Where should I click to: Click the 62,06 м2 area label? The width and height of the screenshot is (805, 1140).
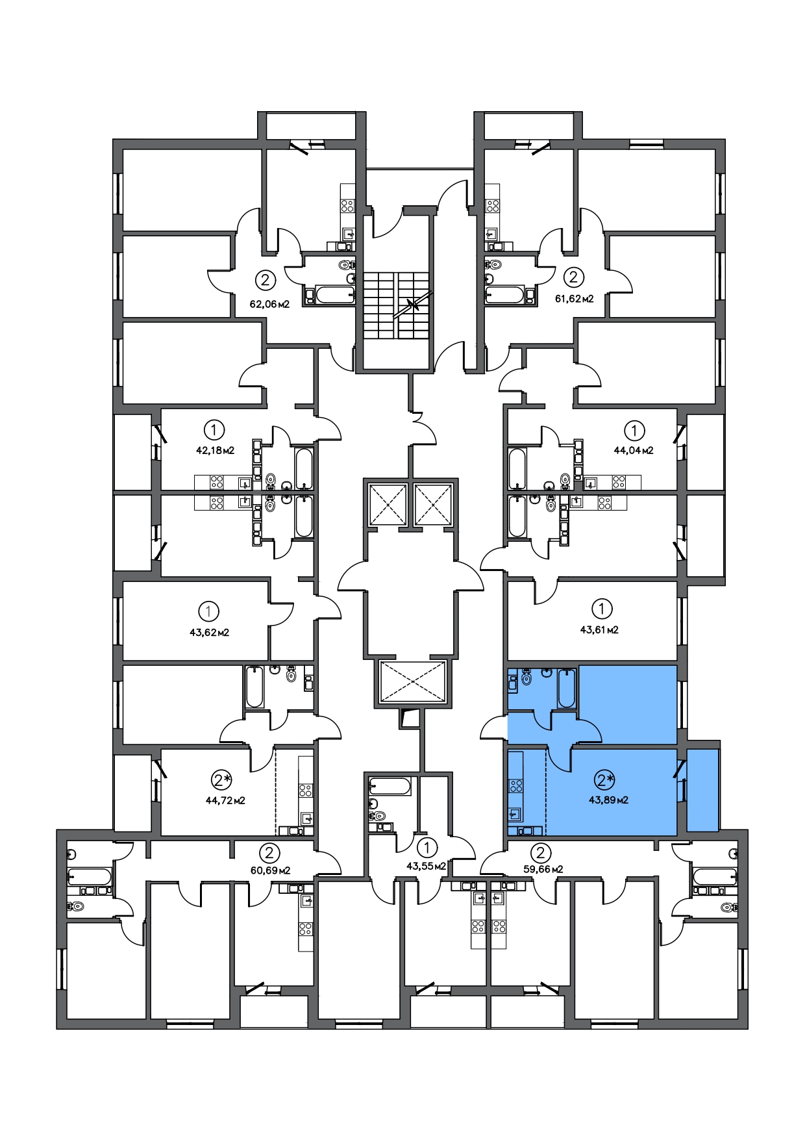pos(269,303)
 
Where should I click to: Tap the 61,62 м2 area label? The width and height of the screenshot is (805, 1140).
pos(574,299)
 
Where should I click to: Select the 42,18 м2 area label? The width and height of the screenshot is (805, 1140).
pos(215,450)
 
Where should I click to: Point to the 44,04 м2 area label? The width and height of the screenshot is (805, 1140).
pos(634,450)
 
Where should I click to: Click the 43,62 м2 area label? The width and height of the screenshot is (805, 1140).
pos(209,632)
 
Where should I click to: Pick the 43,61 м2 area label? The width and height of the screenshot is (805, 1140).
pos(599,629)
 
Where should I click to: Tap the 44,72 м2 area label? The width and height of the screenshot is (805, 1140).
pos(225,800)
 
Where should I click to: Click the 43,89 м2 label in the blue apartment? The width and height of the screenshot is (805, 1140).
pos(608,800)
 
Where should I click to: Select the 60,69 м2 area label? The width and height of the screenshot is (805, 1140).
pos(270,870)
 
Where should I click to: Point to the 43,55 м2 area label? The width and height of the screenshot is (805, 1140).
pos(426,866)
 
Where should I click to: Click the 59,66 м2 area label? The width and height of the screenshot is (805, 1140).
pos(543,868)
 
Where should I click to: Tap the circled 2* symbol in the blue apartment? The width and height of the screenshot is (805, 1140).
pos(605,779)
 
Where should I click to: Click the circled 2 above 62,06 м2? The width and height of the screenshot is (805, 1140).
pos(265,281)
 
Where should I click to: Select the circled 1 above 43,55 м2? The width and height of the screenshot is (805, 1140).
pos(427,848)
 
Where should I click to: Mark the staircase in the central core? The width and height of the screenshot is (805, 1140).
pos(397,305)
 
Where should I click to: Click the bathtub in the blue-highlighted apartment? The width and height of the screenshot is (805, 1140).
pos(567,688)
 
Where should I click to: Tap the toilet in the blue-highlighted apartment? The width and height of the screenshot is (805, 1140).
pos(527,677)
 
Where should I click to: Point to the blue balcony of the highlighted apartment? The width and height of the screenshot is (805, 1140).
pos(703,790)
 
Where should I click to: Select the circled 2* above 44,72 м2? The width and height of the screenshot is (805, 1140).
pos(222,779)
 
